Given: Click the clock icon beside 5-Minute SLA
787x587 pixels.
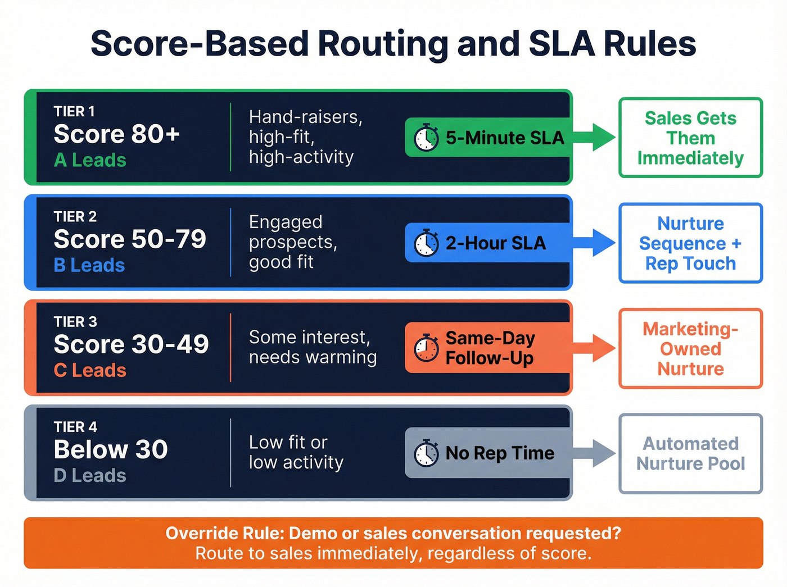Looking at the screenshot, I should [426, 138].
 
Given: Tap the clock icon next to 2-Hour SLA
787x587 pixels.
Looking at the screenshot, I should [426, 243].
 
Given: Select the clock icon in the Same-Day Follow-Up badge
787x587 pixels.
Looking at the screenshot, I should [426, 348].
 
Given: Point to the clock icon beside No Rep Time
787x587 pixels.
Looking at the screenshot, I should [426, 453].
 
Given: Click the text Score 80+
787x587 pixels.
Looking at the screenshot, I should [117, 134].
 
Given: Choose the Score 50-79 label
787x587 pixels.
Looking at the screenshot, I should [130, 239].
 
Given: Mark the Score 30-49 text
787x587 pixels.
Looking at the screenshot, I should [131, 344].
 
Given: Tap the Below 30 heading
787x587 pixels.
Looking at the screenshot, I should [111, 449].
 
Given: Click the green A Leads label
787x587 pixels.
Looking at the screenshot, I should [90, 161].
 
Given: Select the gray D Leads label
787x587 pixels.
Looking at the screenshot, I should [90, 476].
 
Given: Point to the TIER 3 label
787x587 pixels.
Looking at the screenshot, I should [75, 322].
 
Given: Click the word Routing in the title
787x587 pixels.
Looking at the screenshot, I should [382, 44].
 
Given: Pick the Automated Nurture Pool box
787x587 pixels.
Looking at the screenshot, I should [690, 454].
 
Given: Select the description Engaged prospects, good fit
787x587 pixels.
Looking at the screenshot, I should [293, 242].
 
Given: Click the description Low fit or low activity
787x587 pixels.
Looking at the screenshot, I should [296, 452].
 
